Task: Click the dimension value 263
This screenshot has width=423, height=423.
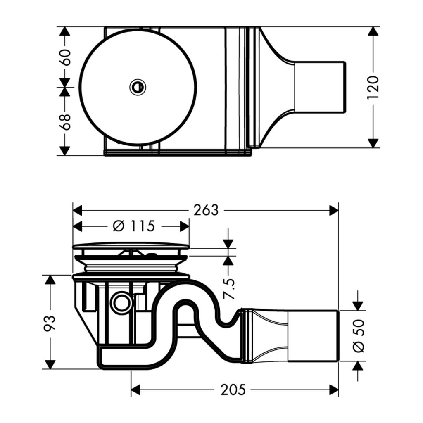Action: tap(206, 210)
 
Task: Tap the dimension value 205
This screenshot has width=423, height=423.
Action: tap(233, 389)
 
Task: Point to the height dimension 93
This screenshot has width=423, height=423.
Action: tap(50, 323)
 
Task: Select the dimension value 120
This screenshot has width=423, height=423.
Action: tap(373, 87)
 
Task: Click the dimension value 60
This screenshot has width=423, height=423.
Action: tap(65, 57)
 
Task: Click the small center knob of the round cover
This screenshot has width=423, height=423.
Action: tap(138, 86)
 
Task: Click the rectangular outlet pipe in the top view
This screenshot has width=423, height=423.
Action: tap(319, 87)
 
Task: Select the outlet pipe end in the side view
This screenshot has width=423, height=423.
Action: tap(313, 335)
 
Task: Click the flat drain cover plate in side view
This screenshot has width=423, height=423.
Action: tap(131, 246)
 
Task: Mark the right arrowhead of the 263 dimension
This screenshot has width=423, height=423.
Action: tap(334, 210)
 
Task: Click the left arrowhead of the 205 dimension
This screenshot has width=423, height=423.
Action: tap(136, 390)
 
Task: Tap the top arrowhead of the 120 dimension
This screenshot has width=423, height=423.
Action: tap(373, 32)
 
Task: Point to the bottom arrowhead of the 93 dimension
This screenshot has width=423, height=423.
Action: tap(50, 364)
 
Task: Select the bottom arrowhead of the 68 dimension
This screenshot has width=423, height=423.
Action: tap(64, 150)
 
